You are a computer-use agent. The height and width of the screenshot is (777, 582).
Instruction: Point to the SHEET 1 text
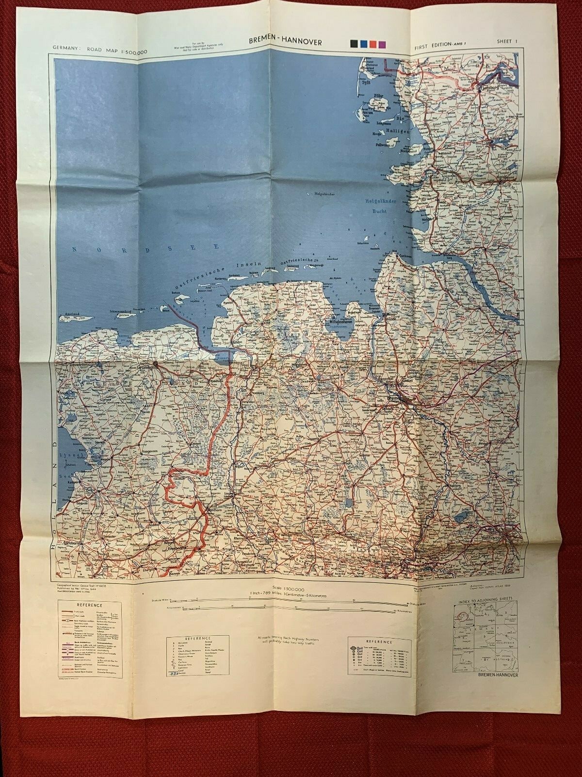pyautogui.click(x=507, y=42)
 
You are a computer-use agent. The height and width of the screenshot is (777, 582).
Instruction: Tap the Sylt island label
pyautogui.click(x=367, y=83)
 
